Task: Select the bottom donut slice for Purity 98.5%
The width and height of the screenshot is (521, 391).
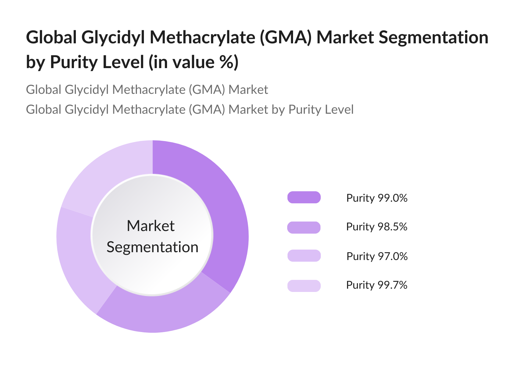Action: pos(163,313)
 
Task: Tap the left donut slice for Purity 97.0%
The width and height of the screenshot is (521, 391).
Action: pos(81,257)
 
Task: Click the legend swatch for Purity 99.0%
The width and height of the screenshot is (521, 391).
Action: pos(304,197)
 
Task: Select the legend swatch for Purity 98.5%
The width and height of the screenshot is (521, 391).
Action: pos(304,227)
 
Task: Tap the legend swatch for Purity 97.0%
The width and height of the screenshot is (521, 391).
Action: pos(304,256)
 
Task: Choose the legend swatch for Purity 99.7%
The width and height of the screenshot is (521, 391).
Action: pos(304,286)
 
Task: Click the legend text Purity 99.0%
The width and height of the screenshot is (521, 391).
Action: pos(377,198)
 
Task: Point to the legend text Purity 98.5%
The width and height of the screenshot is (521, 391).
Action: pos(377,227)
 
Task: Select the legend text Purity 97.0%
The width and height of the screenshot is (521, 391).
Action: pos(377,256)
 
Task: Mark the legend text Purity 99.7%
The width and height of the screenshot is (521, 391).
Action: pos(377,285)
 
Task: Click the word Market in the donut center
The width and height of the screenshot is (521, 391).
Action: pos(151,226)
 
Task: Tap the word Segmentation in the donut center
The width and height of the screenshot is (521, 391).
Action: pos(152,247)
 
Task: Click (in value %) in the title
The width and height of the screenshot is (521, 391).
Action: pos(193,62)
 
